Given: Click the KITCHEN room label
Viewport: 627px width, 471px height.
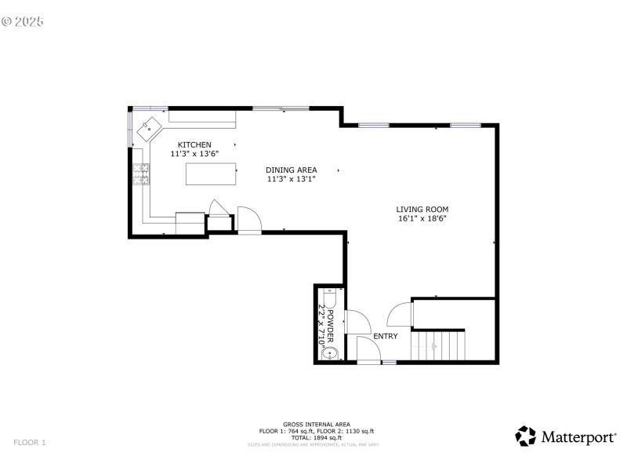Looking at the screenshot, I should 194,144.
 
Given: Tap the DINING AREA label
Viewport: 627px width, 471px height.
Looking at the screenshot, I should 291,170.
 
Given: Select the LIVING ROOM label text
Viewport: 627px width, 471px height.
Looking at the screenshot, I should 422,209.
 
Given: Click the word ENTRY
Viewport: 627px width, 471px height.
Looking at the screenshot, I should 385,336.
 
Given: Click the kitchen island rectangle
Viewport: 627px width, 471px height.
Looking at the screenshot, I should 211,173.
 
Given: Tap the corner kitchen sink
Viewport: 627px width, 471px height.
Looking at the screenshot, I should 149,126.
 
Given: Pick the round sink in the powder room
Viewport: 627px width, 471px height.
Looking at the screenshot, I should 329,353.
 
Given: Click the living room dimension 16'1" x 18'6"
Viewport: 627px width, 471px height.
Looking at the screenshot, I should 422,219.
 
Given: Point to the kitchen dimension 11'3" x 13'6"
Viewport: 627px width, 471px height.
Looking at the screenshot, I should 194,154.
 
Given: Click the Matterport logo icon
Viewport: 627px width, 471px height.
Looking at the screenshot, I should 525,436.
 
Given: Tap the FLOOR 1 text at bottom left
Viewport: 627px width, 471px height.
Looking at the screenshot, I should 30,443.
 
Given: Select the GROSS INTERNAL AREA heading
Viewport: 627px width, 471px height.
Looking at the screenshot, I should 316,424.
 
